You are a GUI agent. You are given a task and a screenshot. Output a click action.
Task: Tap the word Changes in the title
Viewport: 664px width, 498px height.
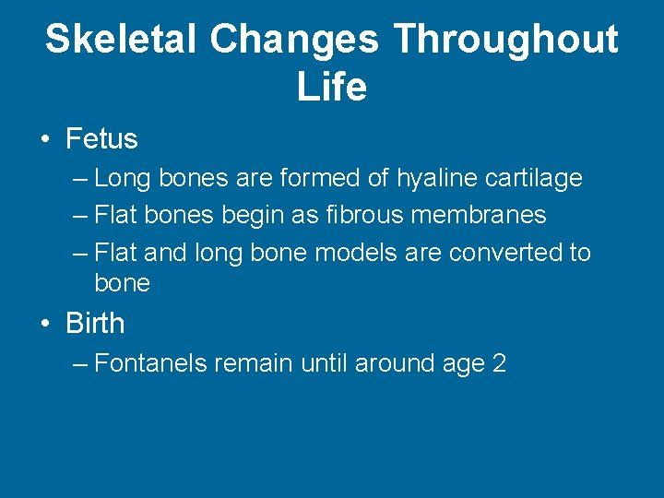click(x=294, y=40)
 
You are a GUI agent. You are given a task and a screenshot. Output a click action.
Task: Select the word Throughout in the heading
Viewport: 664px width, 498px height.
click(x=505, y=40)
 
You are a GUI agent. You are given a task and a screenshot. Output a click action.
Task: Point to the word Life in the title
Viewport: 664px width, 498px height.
click(x=332, y=87)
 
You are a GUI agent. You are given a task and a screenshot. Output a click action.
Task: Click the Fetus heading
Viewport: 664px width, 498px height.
click(x=101, y=139)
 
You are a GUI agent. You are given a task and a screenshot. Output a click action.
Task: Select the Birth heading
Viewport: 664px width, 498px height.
click(x=95, y=324)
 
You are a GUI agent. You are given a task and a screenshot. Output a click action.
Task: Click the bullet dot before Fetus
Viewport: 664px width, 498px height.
click(x=45, y=140)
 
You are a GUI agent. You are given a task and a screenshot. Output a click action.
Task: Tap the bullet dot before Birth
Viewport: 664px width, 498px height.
click(x=45, y=325)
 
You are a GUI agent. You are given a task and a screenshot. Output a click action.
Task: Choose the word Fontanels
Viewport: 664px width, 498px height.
click(x=151, y=363)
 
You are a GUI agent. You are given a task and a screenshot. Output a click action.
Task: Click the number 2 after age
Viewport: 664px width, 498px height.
click(x=499, y=363)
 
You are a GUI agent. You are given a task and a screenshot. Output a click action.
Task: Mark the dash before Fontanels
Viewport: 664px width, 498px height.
click(x=80, y=363)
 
